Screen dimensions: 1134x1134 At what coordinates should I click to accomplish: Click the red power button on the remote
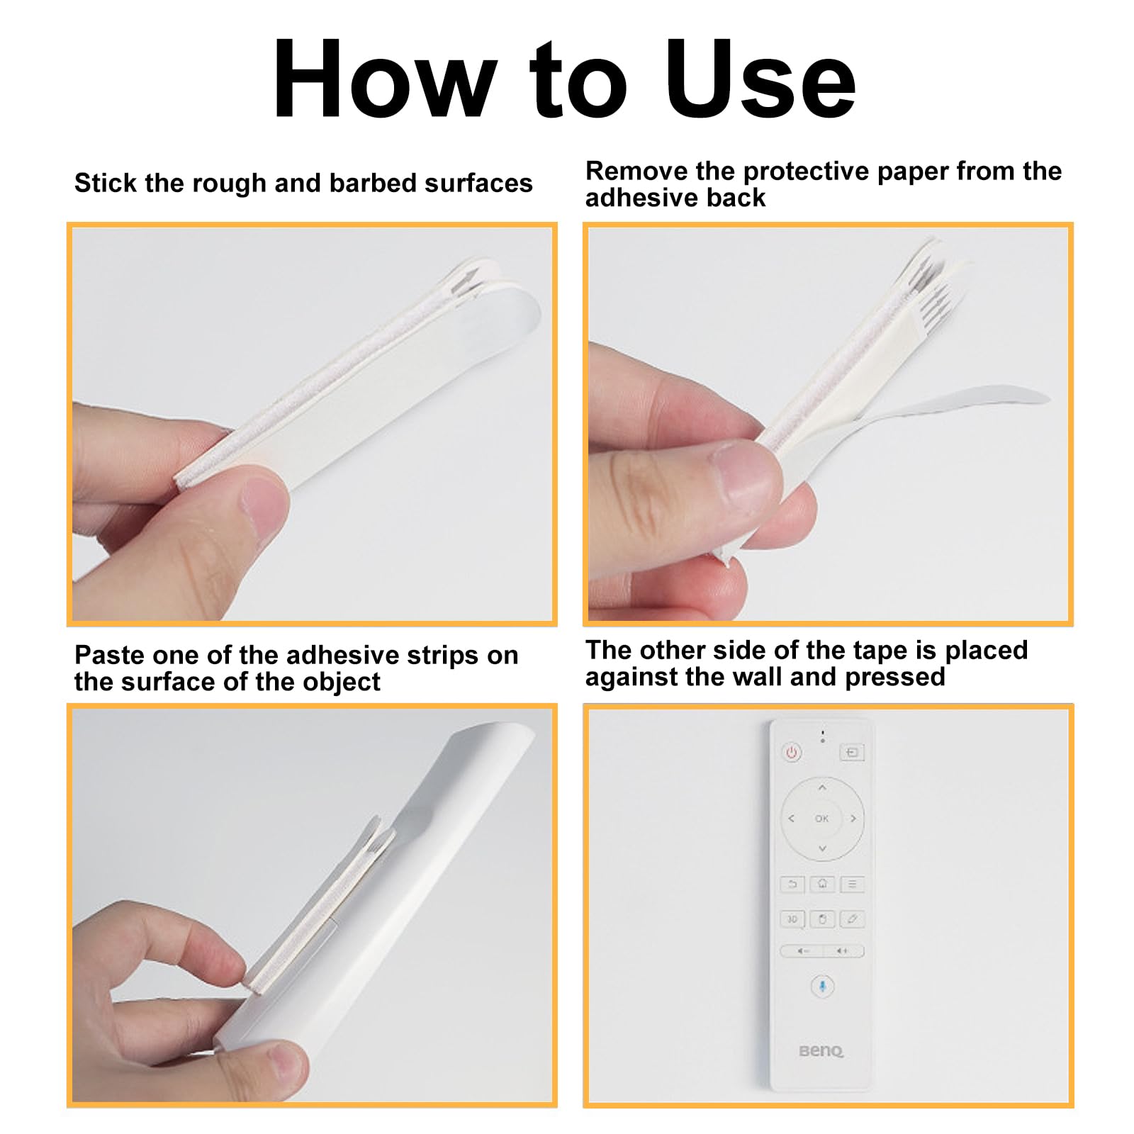tap(792, 752)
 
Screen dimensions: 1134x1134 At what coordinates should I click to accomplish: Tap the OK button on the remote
tap(821, 819)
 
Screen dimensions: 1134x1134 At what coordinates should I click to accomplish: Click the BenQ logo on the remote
tap(821, 1050)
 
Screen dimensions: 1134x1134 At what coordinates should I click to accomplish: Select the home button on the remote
tap(822, 884)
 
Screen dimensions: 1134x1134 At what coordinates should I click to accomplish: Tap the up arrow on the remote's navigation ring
tap(822, 787)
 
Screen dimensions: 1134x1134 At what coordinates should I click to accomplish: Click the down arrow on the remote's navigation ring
tap(822, 848)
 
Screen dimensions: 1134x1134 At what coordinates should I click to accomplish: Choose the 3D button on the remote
tap(792, 919)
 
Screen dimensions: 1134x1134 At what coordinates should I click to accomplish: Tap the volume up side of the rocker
tap(843, 951)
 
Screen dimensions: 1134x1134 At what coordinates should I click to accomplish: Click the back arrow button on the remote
tap(792, 884)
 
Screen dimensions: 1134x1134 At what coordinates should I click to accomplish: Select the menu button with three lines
tap(852, 884)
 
